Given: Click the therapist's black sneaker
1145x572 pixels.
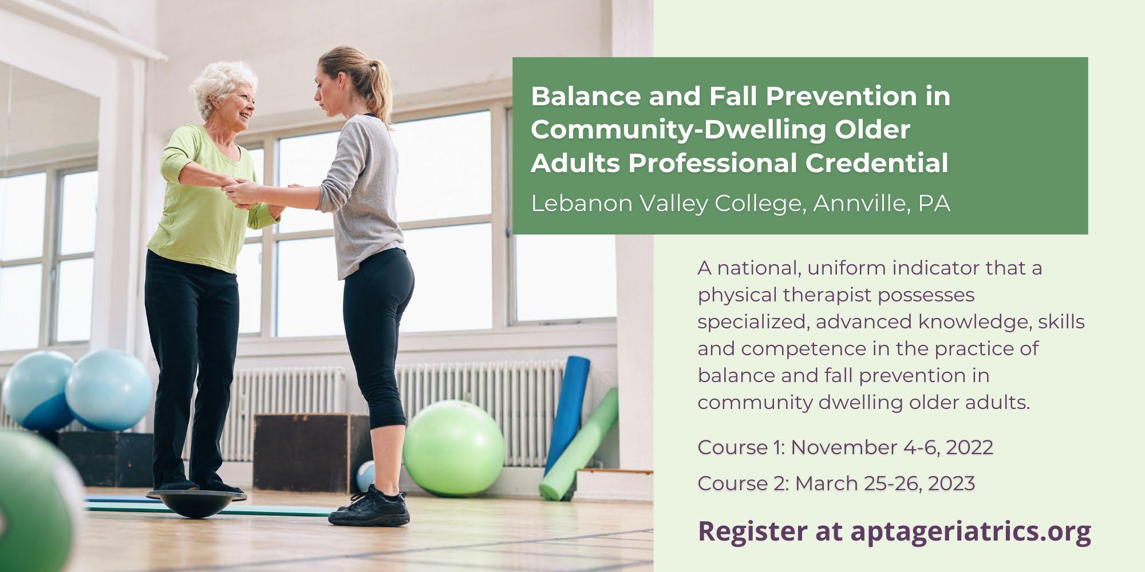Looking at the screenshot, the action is (x=369, y=506).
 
